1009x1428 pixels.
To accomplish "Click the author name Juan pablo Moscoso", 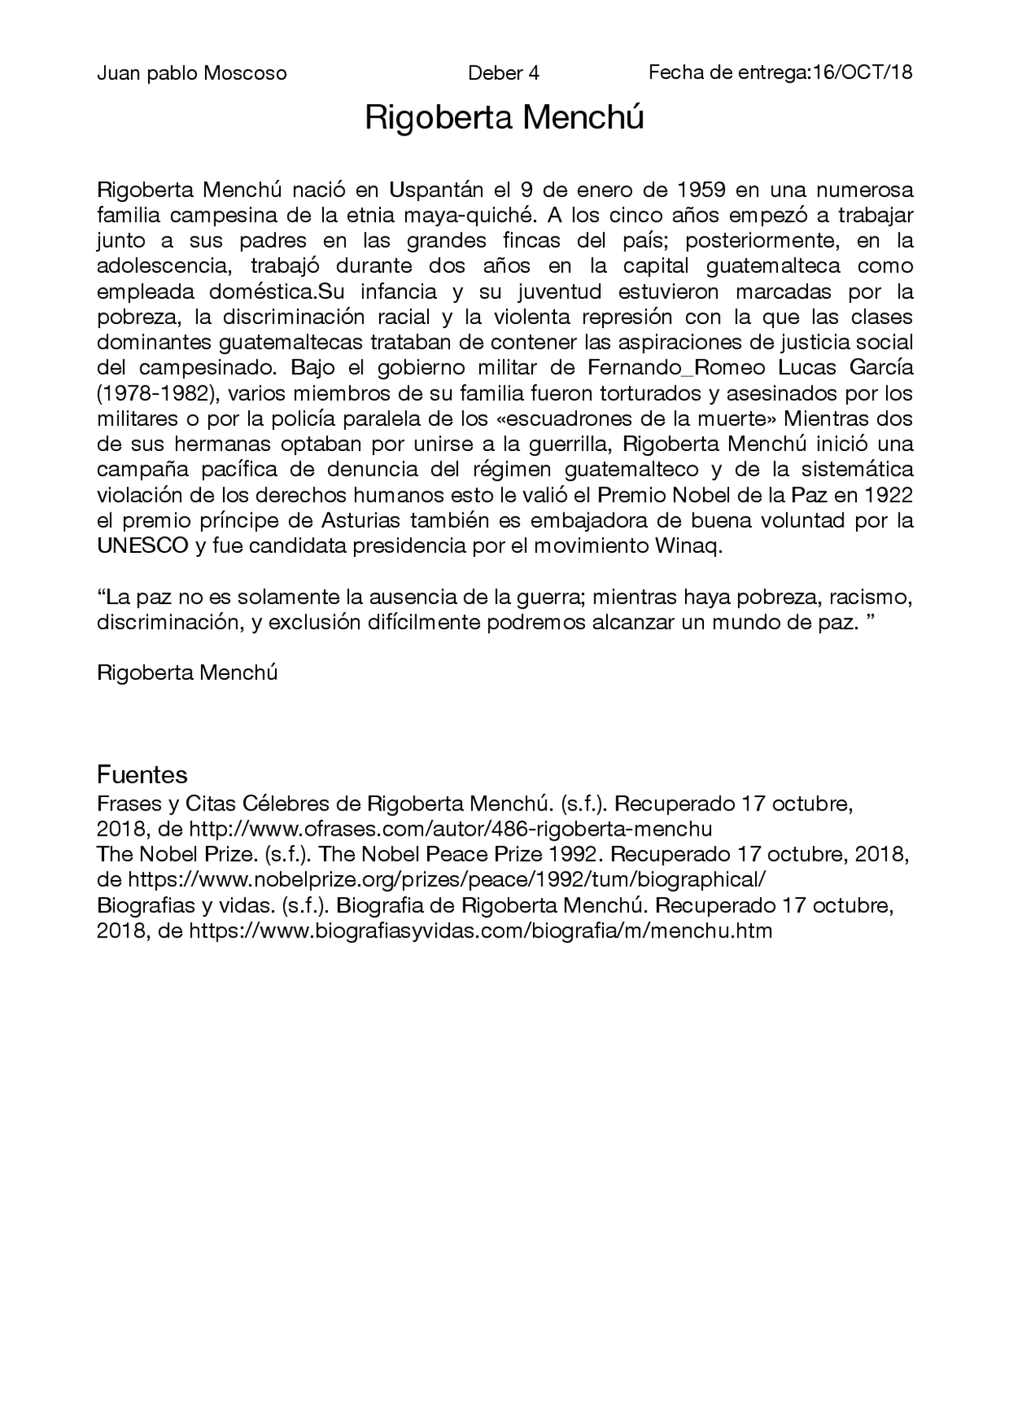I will [192, 74].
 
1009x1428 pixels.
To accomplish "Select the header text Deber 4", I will [503, 74].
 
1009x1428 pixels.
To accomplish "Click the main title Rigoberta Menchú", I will [504, 118].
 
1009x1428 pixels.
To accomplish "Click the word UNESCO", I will [142, 546].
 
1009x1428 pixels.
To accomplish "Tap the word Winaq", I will [694, 546].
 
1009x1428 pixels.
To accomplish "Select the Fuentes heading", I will [142, 774].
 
